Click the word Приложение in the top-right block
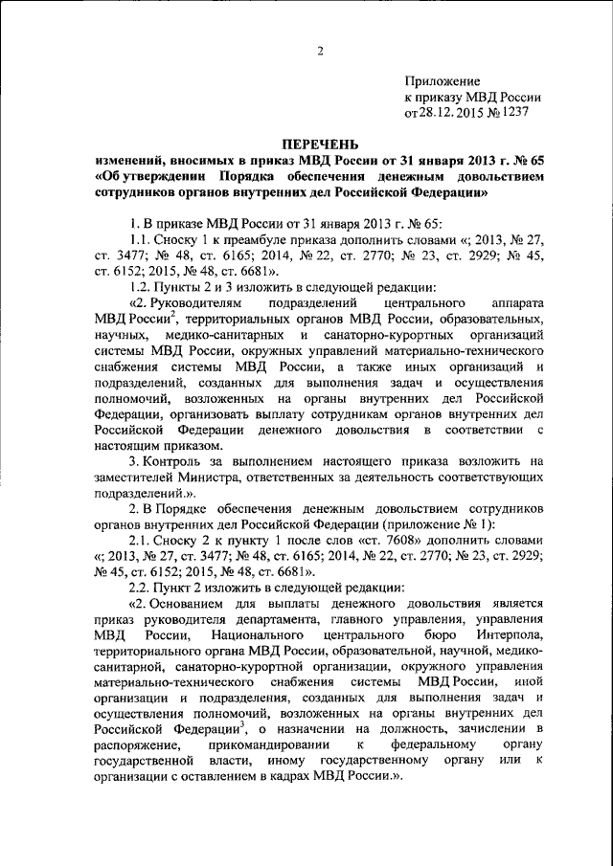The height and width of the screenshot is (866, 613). [x=443, y=81]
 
